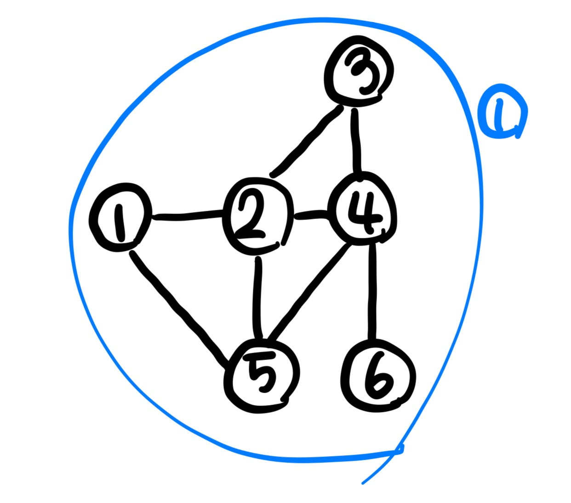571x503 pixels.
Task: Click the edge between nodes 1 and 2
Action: [x=188, y=215]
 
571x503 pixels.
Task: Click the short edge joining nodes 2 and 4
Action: [x=310, y=215]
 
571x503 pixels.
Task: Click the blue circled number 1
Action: [x=501, y=113]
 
